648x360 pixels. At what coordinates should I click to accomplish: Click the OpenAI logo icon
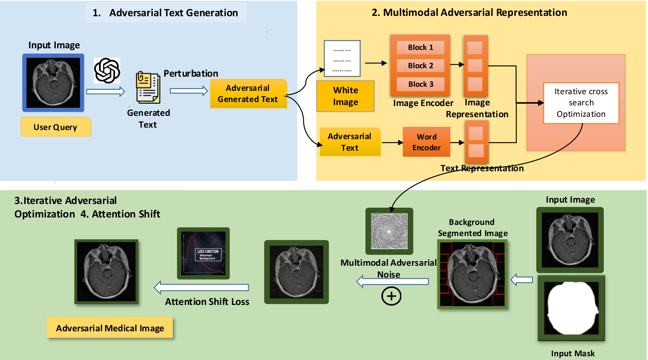pos(107,71)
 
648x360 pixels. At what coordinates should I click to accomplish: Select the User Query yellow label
pos(56,127)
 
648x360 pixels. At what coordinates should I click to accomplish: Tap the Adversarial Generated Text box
pos(248,94)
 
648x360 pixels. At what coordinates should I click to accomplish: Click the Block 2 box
pos(420,66)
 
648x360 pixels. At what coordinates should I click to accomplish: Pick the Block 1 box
pos(420,47)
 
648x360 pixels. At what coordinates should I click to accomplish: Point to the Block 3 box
pos(420,84)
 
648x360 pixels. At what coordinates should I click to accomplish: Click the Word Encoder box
pos(426,142)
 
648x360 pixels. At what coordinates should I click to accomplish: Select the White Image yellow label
pos(345,96)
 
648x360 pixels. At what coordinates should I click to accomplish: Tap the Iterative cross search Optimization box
pos(581,103)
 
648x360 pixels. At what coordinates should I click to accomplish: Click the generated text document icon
pos(148,87)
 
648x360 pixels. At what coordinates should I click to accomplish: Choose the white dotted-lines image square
pos(342,59)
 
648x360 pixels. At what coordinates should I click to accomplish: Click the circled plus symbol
pos(391,296)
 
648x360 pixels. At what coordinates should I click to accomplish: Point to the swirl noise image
pos(389,231)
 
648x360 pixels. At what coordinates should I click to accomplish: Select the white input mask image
pos(571,308)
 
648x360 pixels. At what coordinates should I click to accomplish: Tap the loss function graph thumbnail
pos(203,253)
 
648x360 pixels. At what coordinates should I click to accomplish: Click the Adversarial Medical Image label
pos(110,328)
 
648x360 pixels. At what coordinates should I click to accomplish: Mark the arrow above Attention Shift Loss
pos(201,287)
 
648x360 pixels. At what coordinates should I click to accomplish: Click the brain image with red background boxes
pos(472,274)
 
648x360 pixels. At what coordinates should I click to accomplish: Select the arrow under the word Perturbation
pos(189,91)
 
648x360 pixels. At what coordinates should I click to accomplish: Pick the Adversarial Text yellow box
pos(350,142)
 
